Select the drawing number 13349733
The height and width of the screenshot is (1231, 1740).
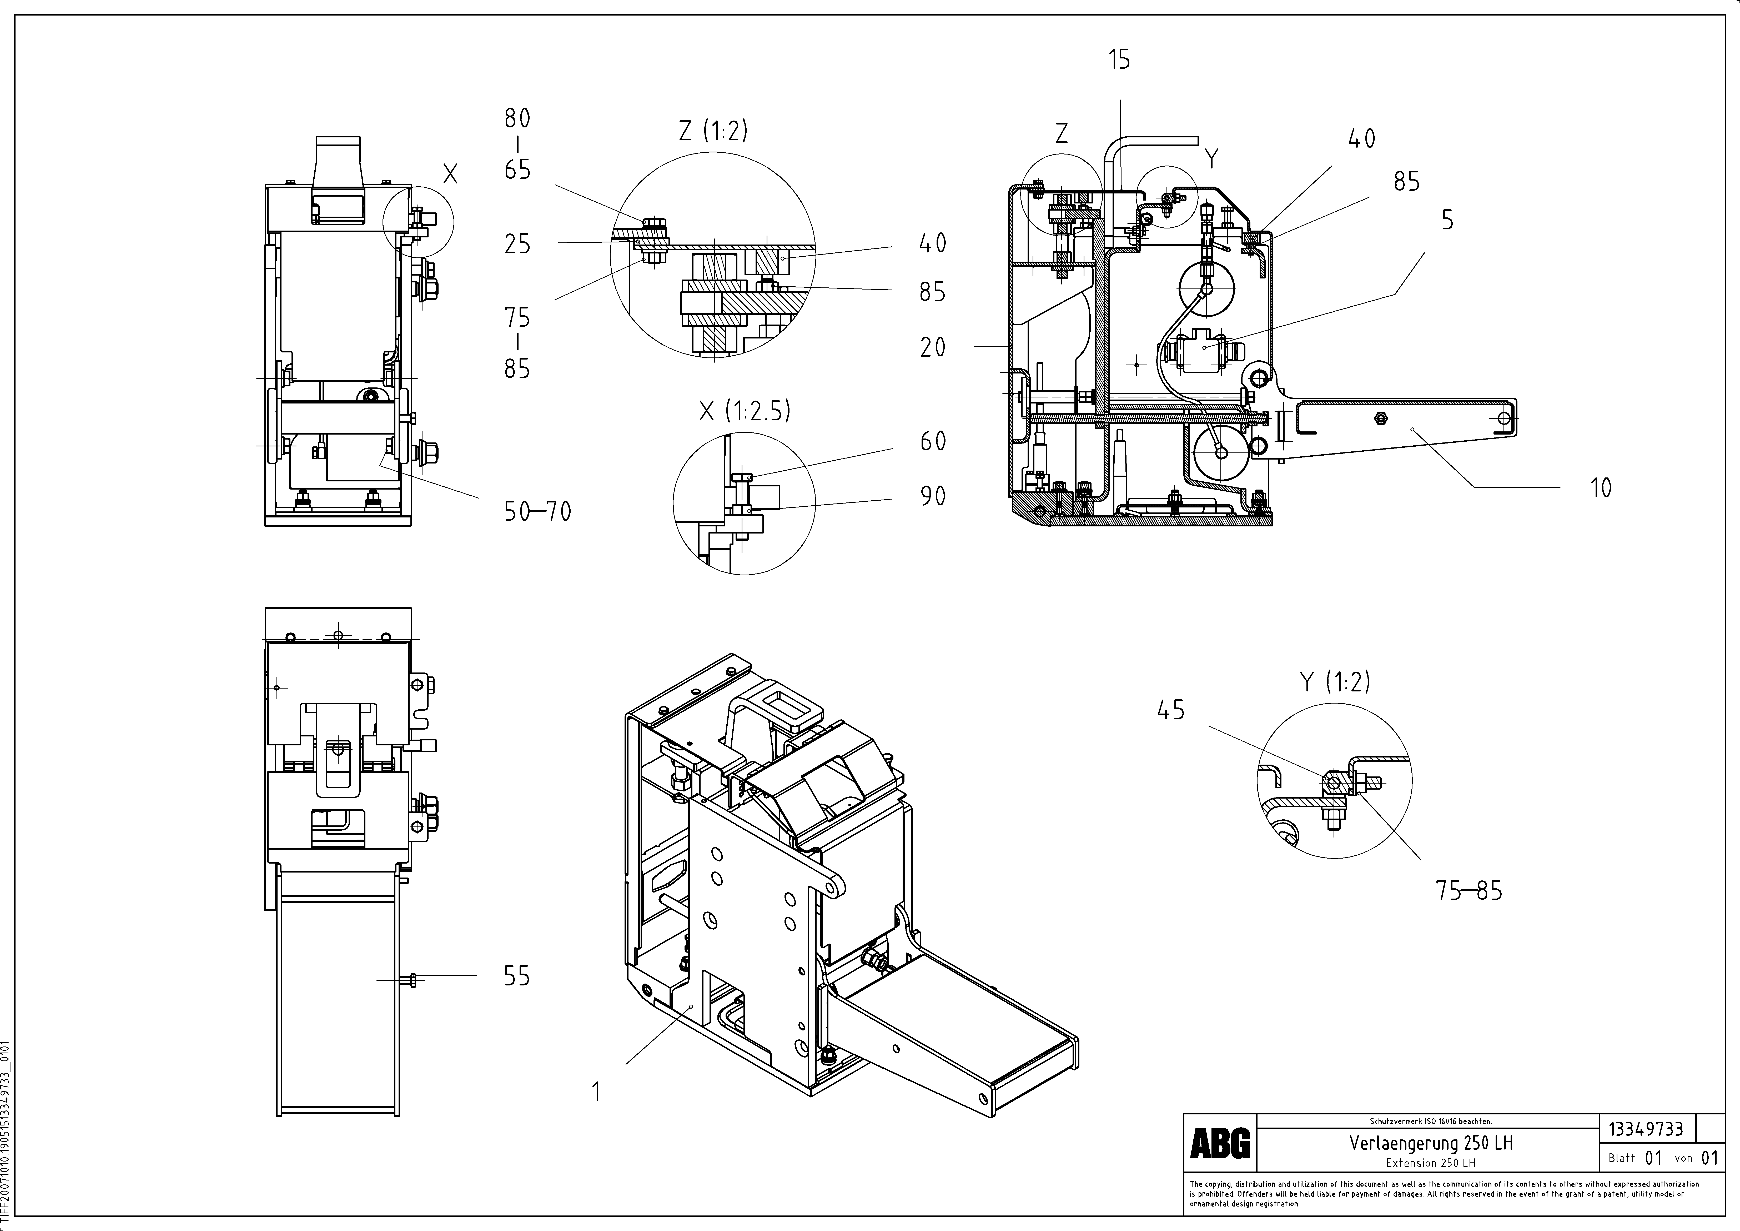(1646, 1129)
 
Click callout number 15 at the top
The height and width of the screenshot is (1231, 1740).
(1119, 59)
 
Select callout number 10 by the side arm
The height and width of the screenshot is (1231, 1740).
(1601, 487)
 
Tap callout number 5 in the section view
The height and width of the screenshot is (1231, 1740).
(1447, 220)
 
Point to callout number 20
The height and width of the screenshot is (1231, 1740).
(933, 347)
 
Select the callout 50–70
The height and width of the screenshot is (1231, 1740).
(537, 512)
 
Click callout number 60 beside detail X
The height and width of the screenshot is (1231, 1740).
(933, 441)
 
